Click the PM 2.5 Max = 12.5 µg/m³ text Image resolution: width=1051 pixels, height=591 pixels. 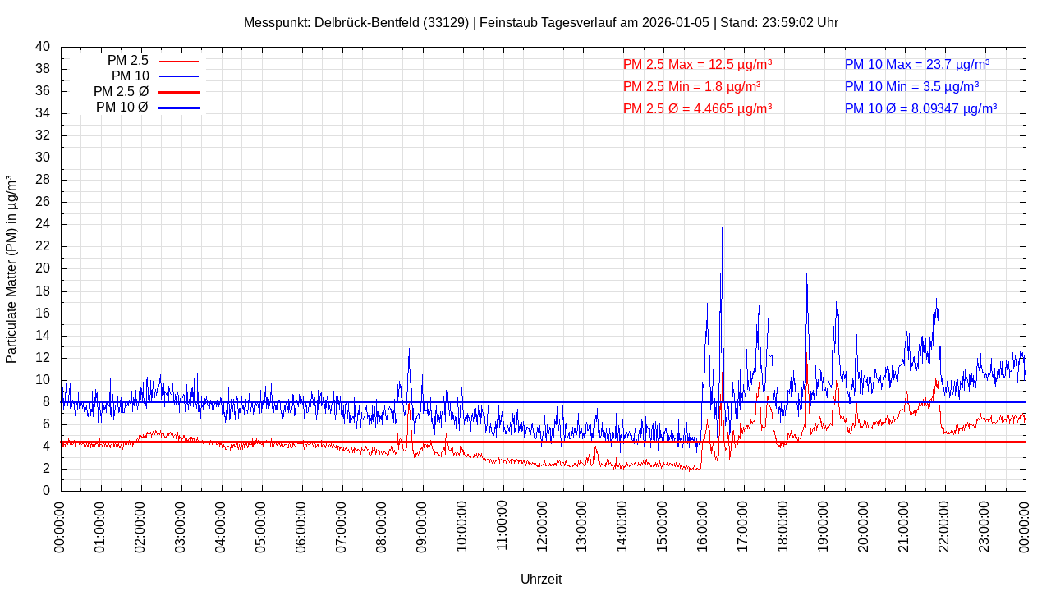pyautogui.click(x=697, y=64)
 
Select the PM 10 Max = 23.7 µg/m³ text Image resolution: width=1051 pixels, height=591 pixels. pyautogui.click(x=916, y=64)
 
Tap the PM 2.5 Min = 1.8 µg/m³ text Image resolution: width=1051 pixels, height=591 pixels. pyautogui.click(x=691, y=86)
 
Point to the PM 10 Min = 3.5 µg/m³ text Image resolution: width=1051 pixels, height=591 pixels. pyautogui.click(x=911, y=86)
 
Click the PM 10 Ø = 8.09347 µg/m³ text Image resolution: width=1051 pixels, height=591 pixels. pyautogui.click(x=920, y=108)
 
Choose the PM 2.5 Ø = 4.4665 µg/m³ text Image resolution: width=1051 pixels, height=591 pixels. pyautogui.click(x=697, y=108)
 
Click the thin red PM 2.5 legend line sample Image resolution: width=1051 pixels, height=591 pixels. pyautogui.click(x=178, y=61)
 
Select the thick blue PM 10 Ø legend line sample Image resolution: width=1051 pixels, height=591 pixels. pyautogui.click(x=178, y=108)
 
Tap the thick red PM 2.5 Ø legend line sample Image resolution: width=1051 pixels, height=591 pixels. pyautogui.click(x=178, y=92)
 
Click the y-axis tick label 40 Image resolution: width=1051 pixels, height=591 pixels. pyautogui.click(x=43, y=47)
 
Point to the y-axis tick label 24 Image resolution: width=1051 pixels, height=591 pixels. pyautogui.click(x=43, y=224)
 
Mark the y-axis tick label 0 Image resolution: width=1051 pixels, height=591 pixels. pyautogui.click(x=46, y=491)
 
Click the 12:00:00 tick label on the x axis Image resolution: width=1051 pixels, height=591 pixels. pyautogui.click(x=543, y=525)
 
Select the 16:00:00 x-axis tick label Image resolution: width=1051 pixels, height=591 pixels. pyautogui.click(x=704, y=525)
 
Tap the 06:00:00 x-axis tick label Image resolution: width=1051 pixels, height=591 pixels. pyautogui.click(x=302, y=525)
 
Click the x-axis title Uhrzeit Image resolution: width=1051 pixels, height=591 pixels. pyautogui.click(x=541, y=580)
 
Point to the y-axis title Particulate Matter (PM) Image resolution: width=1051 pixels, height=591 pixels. pyautogui.click(x=11, y=269)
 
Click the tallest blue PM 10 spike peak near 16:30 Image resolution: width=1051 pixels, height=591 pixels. pyautogui.click(x=722, y=229)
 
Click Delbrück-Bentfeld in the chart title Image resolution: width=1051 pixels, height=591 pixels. pyautogui.click(x=361, y=22)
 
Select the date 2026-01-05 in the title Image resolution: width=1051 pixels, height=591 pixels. pyautogui.click(x=677, y=22)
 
